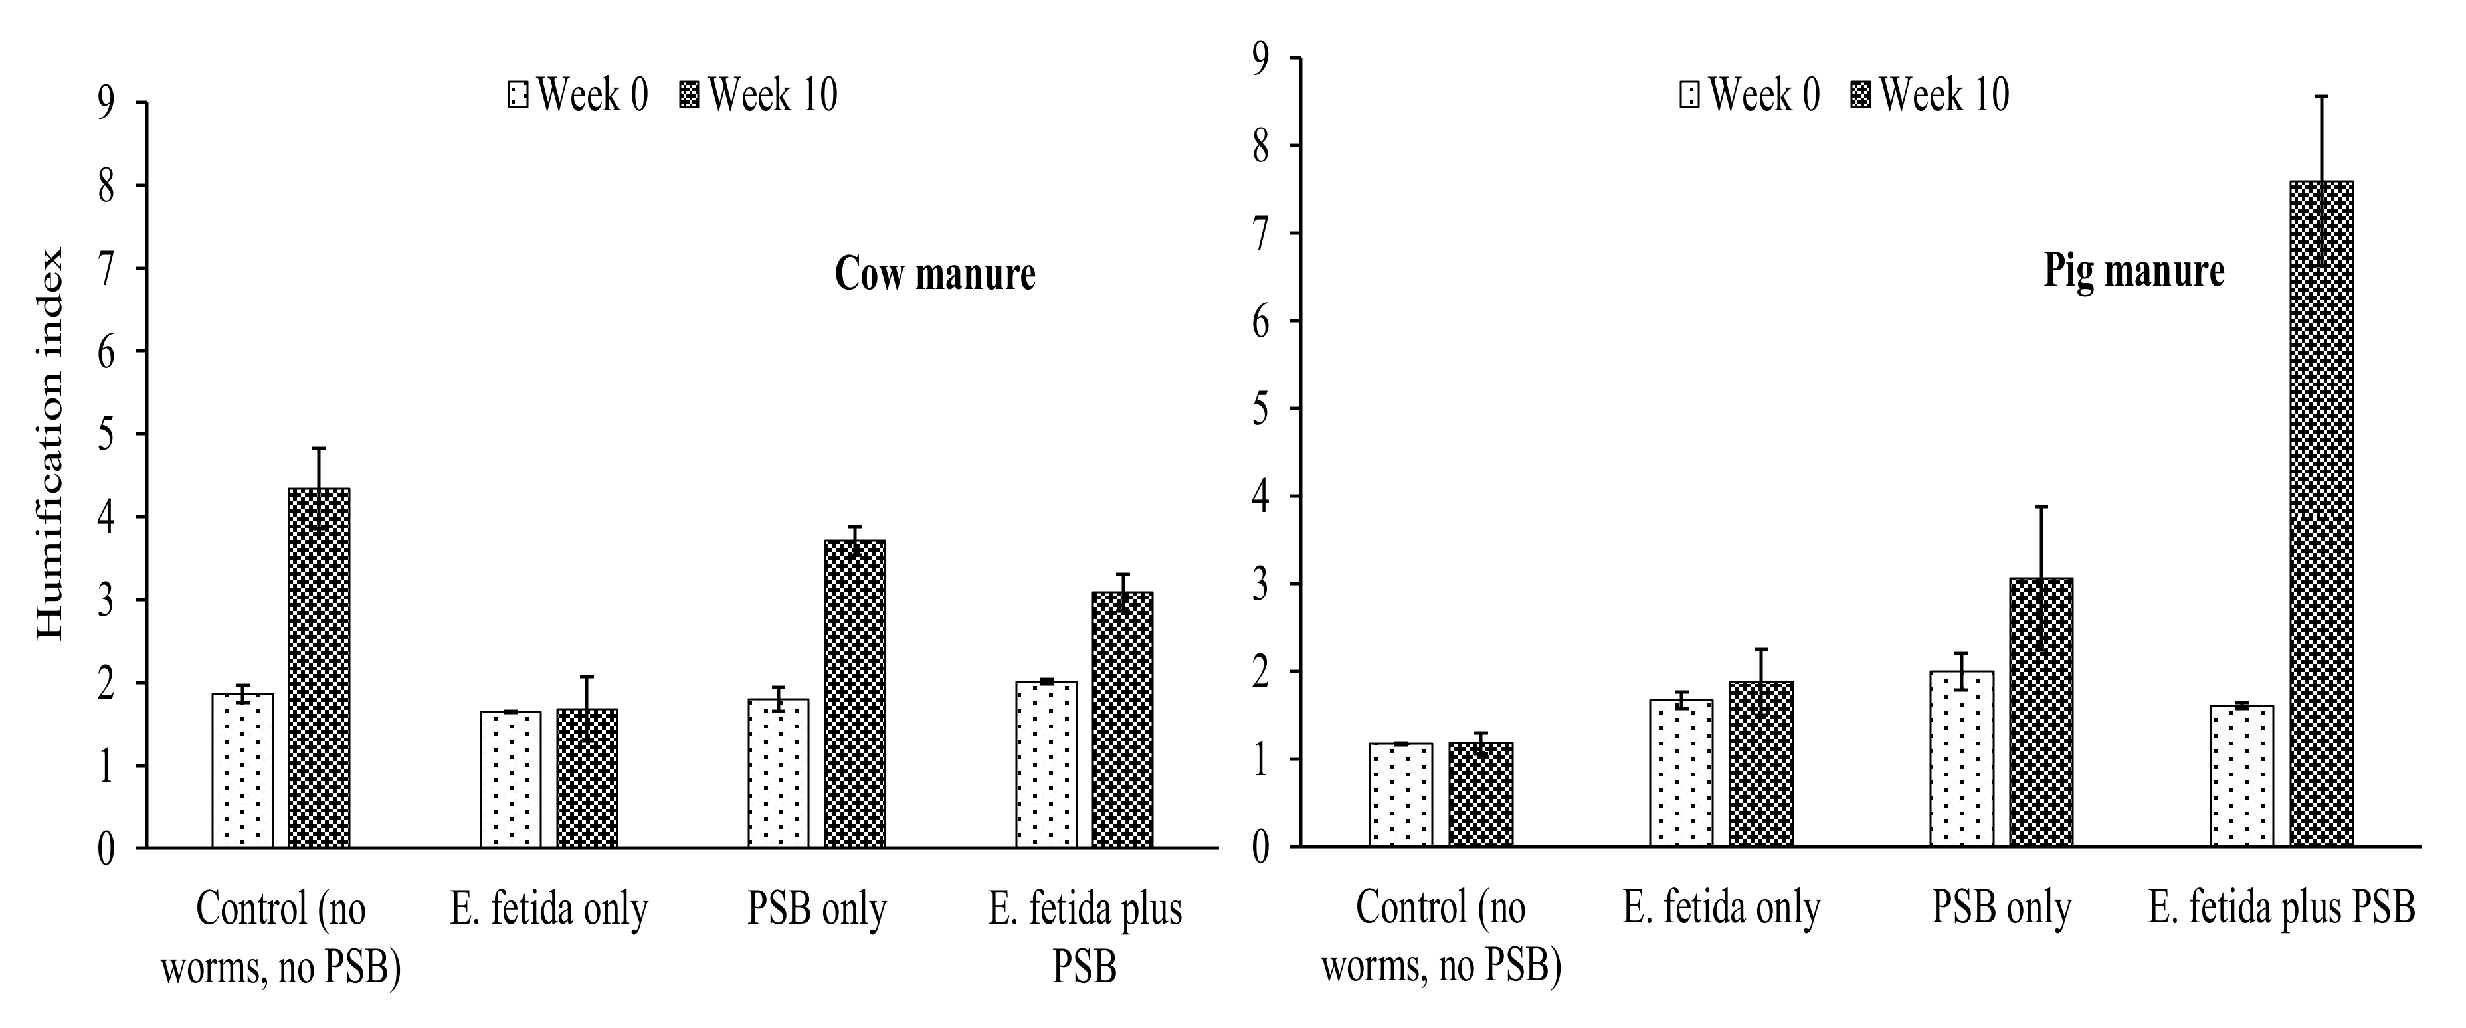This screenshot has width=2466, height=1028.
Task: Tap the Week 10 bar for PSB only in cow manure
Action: coord(854,694)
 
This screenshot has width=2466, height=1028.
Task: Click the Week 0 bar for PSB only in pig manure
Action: coord(1962,758)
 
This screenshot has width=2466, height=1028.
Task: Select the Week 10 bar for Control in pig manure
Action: coord(1481,794)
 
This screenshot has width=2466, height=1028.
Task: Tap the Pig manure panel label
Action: coord(2134,271)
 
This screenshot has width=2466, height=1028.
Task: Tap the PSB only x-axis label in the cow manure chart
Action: coord(816,908)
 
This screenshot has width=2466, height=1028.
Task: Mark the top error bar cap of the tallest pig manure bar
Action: coord(2321,97)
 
